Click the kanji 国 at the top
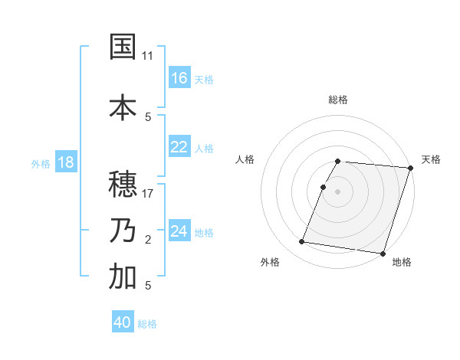[x=123, y=47]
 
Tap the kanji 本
[x=123, y=106]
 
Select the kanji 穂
[x=123, y=184]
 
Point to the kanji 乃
[x=123, y=231]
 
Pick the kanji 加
[x=123, y=277]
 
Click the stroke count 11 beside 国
[x=148, y=56]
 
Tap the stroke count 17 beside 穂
[x=148, y=193]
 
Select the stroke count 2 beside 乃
[x=148, y=240]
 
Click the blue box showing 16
[x=179, y=78]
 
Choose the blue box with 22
[x=179, y=148]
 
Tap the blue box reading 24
[x=179, y=231]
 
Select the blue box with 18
[x=65, y=162]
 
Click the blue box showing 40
[x=123, y=322]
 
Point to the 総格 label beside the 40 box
[x=147, y=324]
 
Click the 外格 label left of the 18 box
[x=41, y=163]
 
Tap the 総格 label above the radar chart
[x=338, y=100]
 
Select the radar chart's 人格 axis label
[x=245, y=159]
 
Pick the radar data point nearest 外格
[x=302, y=242]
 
